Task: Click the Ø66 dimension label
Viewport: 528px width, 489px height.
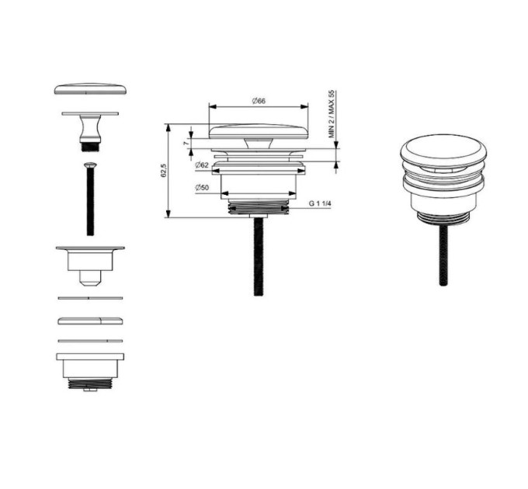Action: pos(259,101)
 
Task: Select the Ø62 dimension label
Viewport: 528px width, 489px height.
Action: pos(202,165)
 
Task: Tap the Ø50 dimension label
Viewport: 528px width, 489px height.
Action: pos(202,188)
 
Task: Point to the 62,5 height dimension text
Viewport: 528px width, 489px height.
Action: pos(164,170)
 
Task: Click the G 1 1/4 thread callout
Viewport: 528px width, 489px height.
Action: pos(320,203)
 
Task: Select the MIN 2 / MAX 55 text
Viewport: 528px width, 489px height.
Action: pos(332,114)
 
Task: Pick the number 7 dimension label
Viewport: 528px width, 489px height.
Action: pos(186,143)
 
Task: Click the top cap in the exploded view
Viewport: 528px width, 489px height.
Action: pos(90,88)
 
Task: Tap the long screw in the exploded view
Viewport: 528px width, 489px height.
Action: pos(90,199)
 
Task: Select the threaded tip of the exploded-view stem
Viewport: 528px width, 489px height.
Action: pos(90,147)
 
